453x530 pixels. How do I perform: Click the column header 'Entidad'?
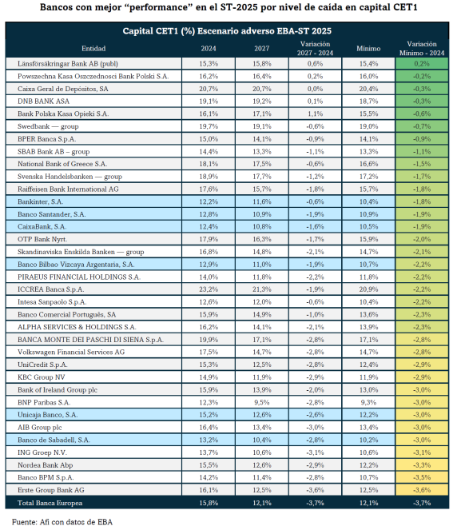tap(93, 49)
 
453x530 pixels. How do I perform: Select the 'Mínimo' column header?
tap(368, 49)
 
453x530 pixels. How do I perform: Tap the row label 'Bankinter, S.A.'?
tap(41, 201)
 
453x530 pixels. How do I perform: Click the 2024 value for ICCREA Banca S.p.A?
tap(209, 289)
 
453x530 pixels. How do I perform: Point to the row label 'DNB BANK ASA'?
tap(44, 102)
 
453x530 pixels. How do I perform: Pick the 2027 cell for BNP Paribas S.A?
tap(262, 402)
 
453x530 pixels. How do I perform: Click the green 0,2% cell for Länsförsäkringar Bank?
tap(422, 63)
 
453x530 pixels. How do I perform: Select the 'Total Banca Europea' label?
tap(50, 503)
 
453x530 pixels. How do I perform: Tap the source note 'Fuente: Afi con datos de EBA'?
tap(62, 522)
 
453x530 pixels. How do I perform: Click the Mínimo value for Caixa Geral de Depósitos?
tap(368, 89)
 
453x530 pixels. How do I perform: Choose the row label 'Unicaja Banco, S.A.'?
tap(48, 415)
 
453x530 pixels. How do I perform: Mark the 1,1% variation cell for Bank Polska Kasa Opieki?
tap(315, 114)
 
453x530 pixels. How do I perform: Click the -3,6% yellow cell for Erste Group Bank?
tap(422, 490)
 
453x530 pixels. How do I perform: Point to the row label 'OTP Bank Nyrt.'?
tap(42, 239)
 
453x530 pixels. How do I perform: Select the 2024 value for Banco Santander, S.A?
tap(209, 214)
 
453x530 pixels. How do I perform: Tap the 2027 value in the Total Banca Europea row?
tap(262, 503)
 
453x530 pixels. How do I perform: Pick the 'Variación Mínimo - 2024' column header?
tap(422, 49)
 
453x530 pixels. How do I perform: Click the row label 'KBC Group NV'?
tap(42, 377)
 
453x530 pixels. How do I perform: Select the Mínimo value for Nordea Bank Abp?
tap(368, 465)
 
